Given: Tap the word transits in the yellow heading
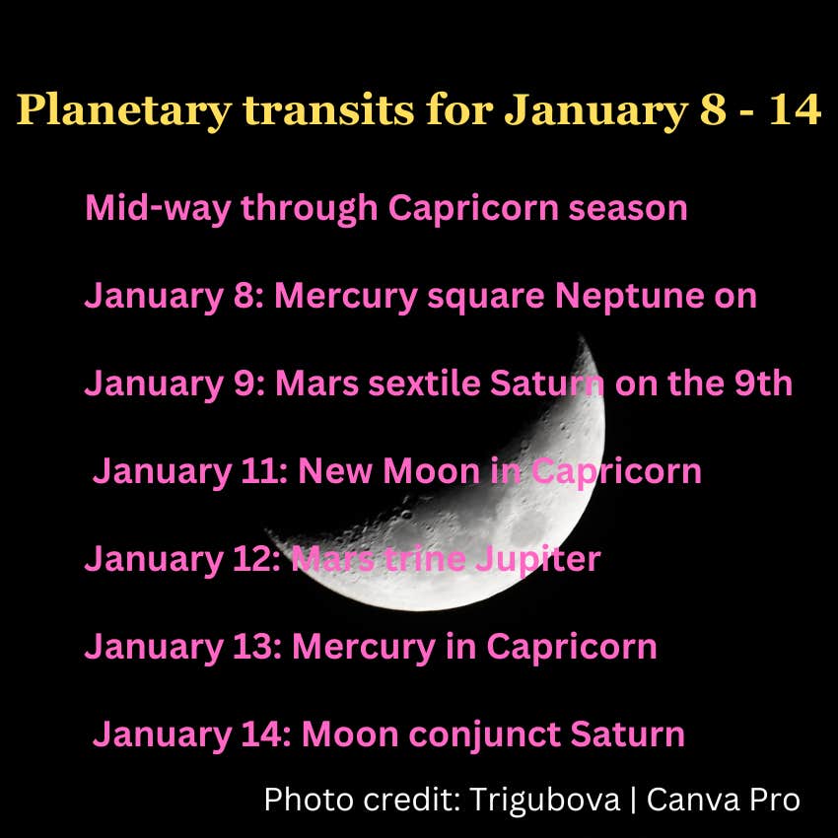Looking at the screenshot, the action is point(328,109).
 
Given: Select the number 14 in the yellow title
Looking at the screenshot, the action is point(795,109).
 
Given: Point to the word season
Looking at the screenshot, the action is point(627,208).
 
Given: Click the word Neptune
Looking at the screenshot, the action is point(630,297).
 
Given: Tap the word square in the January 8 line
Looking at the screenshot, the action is point(486,297).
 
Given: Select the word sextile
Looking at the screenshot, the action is point(424,384).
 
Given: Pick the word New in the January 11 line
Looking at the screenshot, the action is point(335,471).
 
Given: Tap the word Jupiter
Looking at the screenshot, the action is point(537,561).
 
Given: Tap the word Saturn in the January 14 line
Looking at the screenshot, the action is point(627,734).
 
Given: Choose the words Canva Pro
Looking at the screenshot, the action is point(724,800).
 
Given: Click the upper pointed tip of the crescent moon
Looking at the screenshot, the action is point(581,335).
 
